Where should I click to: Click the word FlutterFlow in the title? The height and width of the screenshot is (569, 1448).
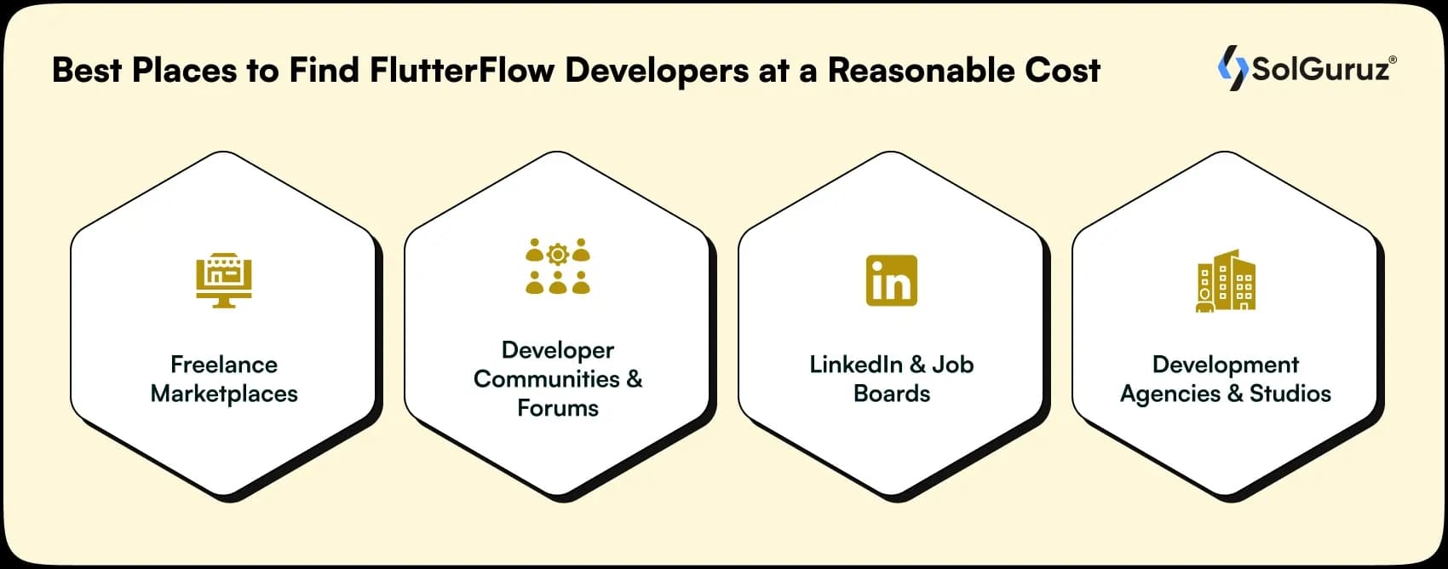462,70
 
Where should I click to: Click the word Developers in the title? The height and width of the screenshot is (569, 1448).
657,70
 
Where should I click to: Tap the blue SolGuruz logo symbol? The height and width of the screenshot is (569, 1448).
1232,68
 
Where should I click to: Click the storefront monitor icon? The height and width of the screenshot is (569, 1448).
224,280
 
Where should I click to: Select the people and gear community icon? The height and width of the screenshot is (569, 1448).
558,267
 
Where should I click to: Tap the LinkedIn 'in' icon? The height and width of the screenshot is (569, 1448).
891,280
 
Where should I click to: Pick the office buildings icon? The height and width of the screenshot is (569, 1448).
1226,280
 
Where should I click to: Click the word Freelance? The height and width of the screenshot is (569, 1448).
224,365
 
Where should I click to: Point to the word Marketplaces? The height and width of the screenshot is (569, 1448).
224,394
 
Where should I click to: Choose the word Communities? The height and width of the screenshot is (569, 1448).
547,379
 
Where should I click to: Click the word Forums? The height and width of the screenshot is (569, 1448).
558,408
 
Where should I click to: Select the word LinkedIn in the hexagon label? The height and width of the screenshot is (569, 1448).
855,365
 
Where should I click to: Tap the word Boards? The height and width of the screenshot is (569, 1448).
892,394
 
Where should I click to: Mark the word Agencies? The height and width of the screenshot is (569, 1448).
1170,394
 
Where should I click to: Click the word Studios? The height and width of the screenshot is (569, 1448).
1290,394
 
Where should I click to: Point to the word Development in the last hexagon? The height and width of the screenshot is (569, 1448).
1226,365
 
